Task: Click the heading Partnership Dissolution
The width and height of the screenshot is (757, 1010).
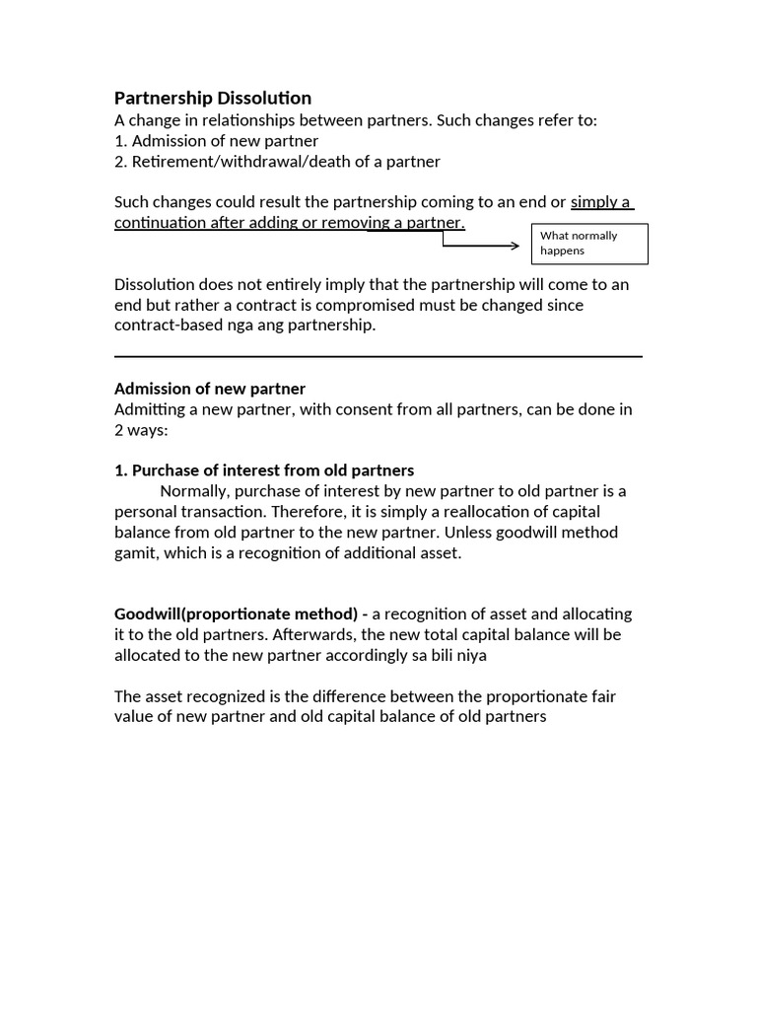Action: tap(213, 98)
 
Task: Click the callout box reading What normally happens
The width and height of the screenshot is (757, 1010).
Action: tap(589, 244)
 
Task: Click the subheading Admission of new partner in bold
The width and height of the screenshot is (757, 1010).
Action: tap(210, 388)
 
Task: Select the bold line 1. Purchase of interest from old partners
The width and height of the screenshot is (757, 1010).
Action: tap(264, 470)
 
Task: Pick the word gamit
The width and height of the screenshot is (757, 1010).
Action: tap(135, 552)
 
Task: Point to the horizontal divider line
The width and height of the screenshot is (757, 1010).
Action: tap(378, 356)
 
